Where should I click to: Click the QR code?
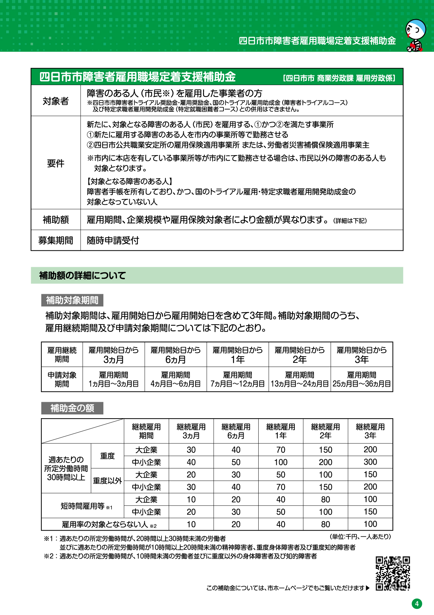[x=393, y=573]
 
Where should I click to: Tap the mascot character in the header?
[x=416, y=35]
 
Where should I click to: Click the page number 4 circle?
[x=417, y=604]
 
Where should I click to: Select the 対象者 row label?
[x=56, y=101]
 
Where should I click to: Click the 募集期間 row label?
[x=56, y=241]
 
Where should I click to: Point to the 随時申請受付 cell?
[x=113, y=241]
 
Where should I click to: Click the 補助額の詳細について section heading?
[x=83, y=275]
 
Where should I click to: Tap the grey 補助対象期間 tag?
[x=72, y=300]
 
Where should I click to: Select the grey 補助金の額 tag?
[x=72, y=408]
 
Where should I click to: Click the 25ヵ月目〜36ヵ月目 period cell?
[x=362, y=384]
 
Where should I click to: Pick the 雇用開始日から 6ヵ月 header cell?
[x=175, y=355]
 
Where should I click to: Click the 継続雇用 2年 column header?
[x=325, y=431]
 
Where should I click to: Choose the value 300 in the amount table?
[x=370, y=462]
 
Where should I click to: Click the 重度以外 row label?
[x=107, y=481]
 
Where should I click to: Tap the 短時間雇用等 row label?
[x=83, y=506]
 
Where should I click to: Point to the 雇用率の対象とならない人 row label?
[x=105, y=524]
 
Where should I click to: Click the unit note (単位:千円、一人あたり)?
[x=360, y=537]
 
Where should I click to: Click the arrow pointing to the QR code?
[x=367, y=588]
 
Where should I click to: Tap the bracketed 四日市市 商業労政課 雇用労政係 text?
[x=339, y=78]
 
